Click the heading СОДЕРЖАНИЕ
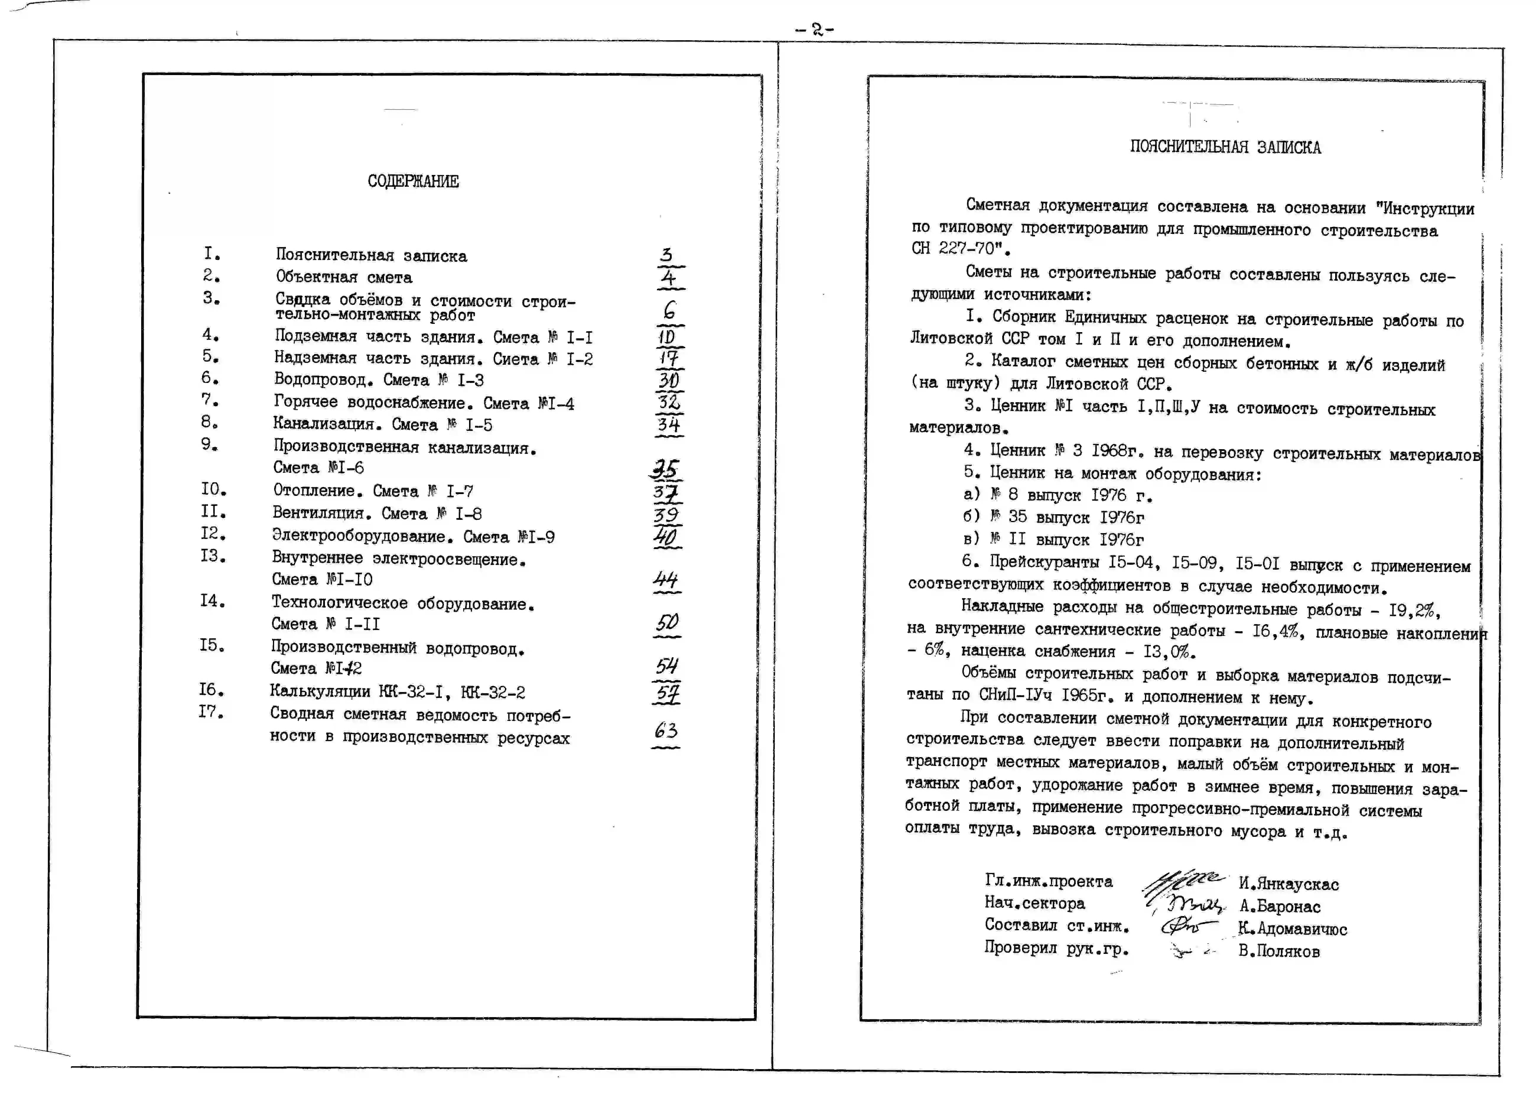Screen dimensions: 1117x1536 413,181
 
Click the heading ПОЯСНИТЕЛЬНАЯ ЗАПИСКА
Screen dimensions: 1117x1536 1225,148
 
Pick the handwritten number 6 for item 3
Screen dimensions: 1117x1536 669,311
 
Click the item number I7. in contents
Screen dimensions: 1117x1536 211,712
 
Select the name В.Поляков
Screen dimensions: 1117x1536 1279,951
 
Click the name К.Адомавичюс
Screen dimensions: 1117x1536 1292,929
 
